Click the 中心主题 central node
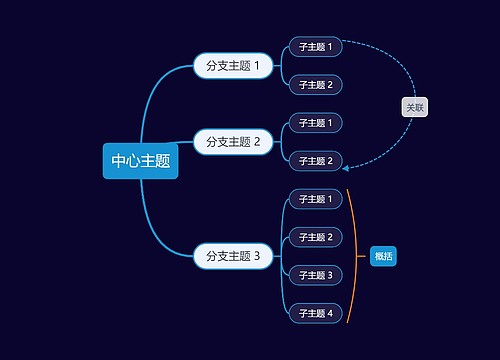click(140, 161)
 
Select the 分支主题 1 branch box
click(232, 66)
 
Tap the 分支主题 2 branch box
click(232, 142)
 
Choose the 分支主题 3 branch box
click(232, 256)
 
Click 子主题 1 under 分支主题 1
click(316, 46)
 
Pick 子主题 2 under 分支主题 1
click(316, 84)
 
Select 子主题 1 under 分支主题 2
click(316, 122)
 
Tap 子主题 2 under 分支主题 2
click(316, 160)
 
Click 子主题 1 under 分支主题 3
click(316, 199)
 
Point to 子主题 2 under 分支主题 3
click(316, 237)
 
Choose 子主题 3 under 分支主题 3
click(316, 275)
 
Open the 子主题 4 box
click(316, 313)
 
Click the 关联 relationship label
click(414, 106)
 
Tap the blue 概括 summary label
click(384, 256)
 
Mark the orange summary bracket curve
click(355, 256)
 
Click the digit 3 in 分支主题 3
click(257, 256)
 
